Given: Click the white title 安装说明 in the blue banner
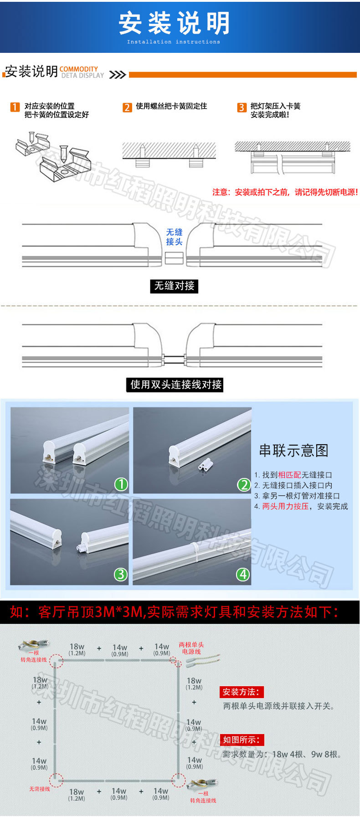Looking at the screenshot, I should (174, 23).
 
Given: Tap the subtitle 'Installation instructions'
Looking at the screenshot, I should (173, 42).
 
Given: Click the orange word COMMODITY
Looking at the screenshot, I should (78, 69).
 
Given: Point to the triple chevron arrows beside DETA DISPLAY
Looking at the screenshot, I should (117, 75).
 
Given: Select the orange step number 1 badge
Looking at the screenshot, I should (15, 107).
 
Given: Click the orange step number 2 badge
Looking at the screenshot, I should (127, 107).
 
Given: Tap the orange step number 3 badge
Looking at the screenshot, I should (242, 107).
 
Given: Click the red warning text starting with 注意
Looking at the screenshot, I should (285, 192).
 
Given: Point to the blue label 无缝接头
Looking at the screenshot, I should (174, 237).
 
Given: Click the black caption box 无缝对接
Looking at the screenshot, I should (174, 286).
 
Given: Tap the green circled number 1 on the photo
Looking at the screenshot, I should (121, 484).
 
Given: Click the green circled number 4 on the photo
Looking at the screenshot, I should (243, 574).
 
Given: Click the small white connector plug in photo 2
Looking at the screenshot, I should (206, 464).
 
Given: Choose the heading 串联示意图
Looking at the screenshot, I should (293, 450).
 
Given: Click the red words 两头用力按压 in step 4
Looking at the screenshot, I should (285, 506).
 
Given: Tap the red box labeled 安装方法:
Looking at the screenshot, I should (242, 692).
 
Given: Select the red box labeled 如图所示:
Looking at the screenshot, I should (242, 740).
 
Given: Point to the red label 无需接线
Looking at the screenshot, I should (39, 789).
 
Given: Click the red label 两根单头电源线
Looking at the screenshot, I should (191, 648).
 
